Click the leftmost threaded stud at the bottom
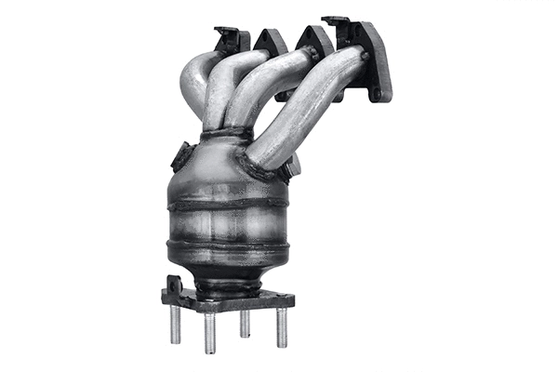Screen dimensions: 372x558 pyautogui.click(x=175, y=325)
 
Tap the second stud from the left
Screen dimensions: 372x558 pyautogui.click(x=210, y=333)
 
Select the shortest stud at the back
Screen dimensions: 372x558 pyautogui.click(x=245, y=323)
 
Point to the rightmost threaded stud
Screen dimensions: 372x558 pyautogui.click(x=282, y=326)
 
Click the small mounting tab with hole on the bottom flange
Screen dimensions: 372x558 pyautogui.click(x=172, y=285)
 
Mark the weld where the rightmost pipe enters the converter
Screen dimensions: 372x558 pyautogui.click(x=262, y=167)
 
